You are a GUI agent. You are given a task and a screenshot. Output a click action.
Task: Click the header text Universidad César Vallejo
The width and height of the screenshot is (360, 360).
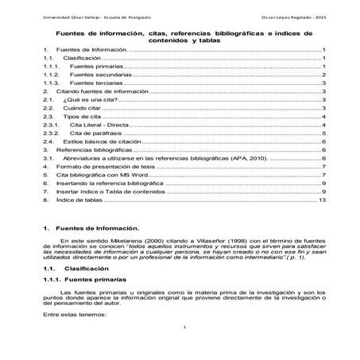click(60, 16)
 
